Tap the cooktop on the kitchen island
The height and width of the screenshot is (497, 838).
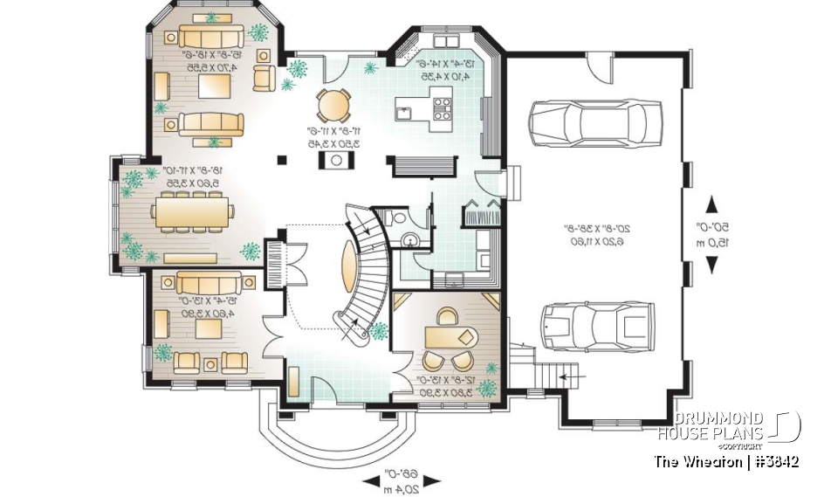(x=442, y=108)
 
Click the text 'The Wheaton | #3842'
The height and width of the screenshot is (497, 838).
(x=727, y=461)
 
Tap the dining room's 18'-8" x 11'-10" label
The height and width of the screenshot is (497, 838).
(x=185, y=177)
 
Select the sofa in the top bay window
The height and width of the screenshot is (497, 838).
(x=211, y=37)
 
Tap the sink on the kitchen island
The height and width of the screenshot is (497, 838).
(x=404, y=112)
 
